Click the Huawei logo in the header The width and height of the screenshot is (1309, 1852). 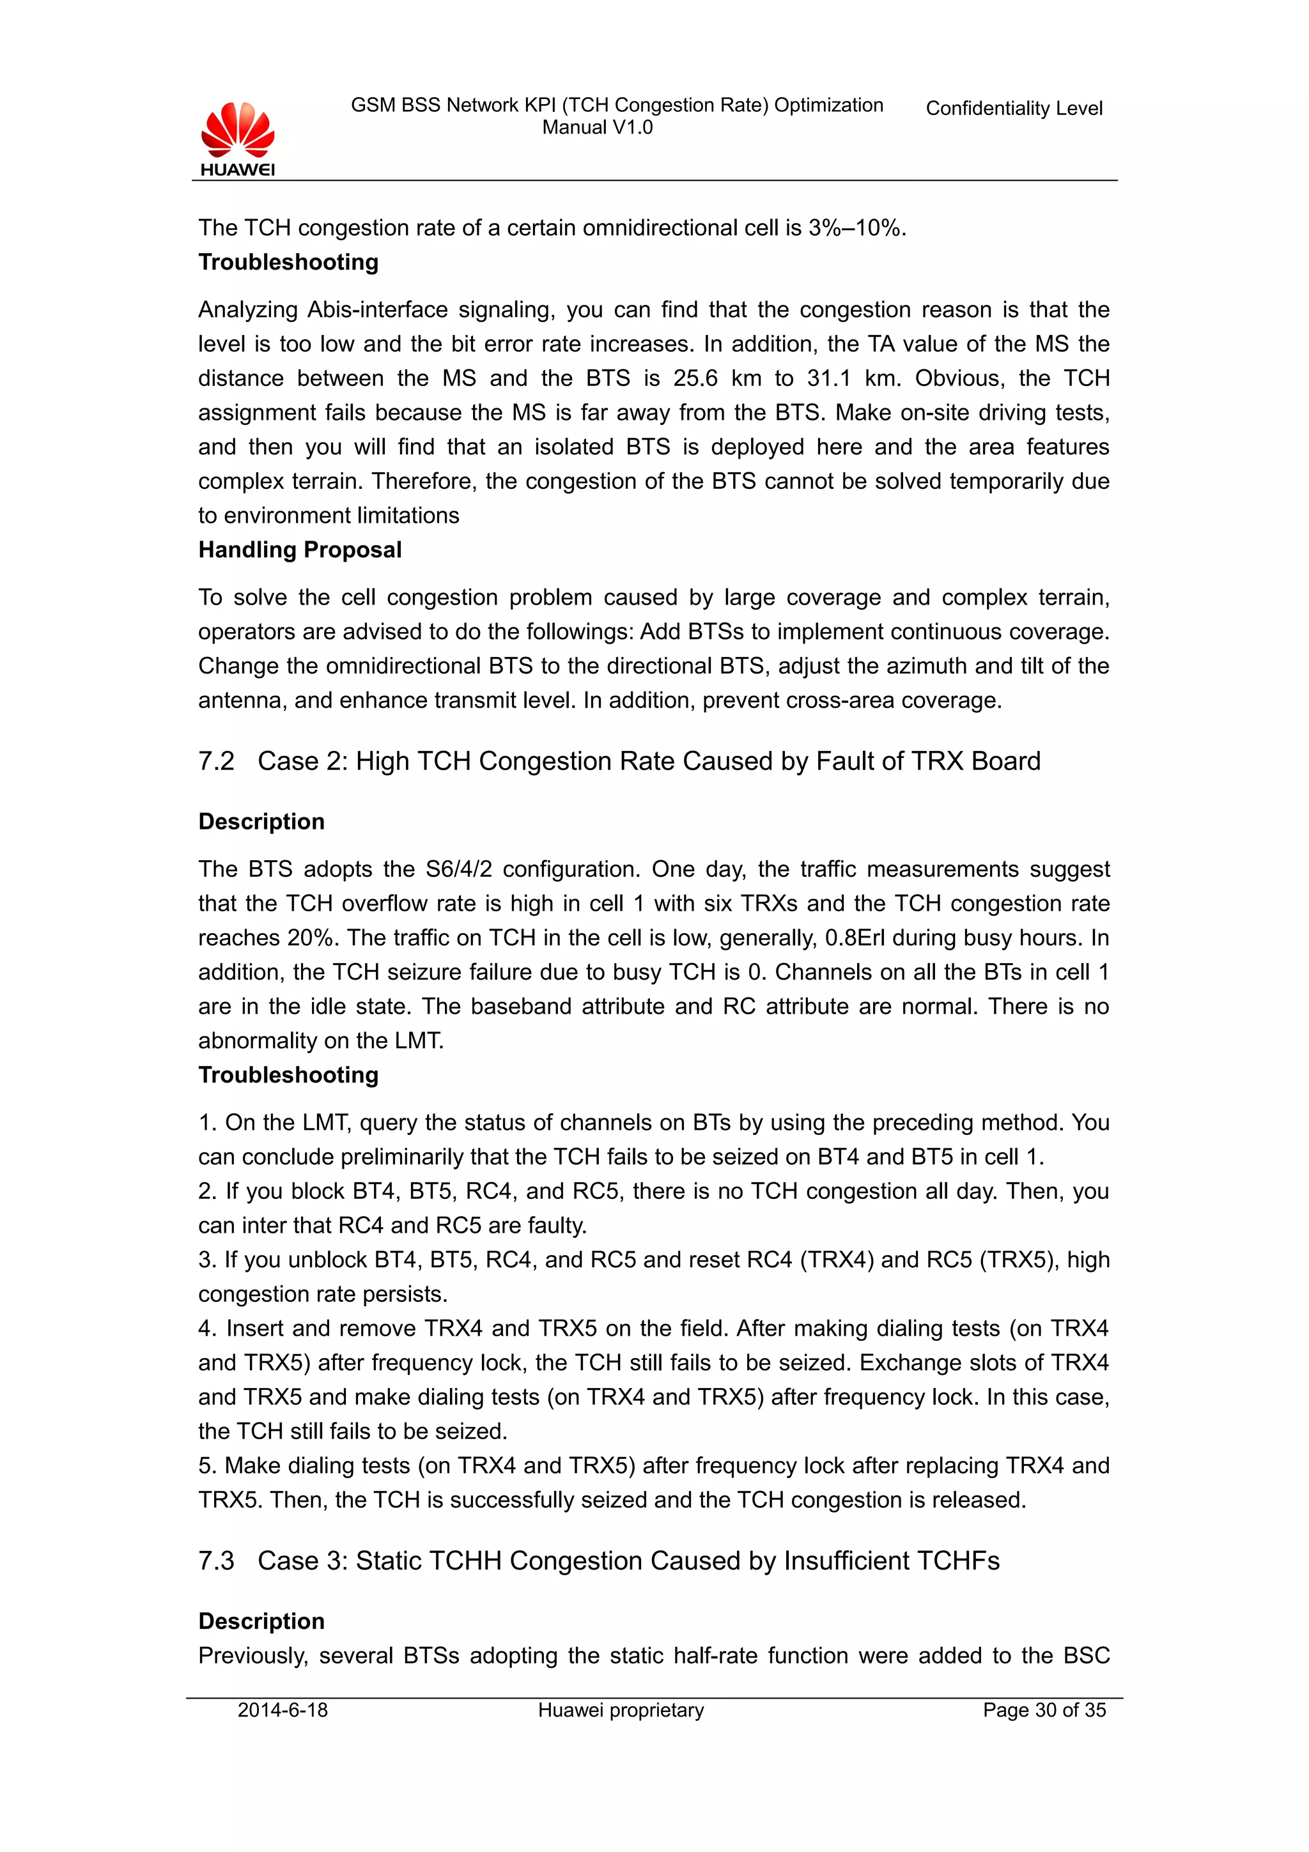(x=237, y=138)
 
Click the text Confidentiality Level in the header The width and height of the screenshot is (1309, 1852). (x=1013, y=108)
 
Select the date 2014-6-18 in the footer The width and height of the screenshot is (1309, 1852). (x=283, y=1710)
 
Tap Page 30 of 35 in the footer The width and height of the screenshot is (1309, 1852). (x=1044, y=1710)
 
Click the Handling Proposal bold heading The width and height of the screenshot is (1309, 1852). (x=299, y=550)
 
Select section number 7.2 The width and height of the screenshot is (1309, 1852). (x=216, y=762)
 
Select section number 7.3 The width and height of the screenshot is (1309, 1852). (x=216, y=1561)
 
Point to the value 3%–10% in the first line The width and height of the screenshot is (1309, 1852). (x=854, y=228)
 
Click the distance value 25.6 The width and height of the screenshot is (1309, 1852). (x=695, y=378)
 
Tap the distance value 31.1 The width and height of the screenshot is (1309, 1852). (x=828, y=378)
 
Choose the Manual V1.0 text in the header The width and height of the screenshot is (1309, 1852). (x=597, y=127)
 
